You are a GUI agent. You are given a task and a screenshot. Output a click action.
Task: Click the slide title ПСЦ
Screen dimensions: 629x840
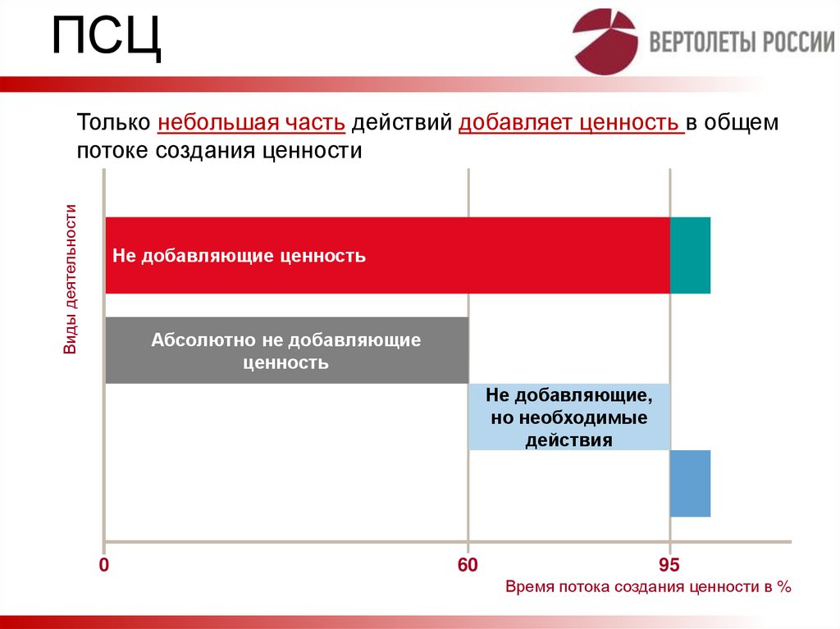(x=107, y=39)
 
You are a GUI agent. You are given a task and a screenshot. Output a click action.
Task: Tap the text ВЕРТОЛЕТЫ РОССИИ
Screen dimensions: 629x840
(x=742, y=43)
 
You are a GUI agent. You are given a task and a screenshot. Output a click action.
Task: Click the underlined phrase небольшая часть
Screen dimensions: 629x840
(x=251, y=123)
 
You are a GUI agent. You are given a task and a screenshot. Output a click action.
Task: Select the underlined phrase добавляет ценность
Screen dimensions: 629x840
(x=571, y=123)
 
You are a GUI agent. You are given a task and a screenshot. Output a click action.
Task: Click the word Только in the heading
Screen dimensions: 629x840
(x=113, y=123)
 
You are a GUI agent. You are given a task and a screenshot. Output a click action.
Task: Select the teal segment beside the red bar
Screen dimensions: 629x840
(x=690, y=256)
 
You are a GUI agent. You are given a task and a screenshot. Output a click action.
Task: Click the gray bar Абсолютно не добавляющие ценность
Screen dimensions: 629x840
(x=286, y=350)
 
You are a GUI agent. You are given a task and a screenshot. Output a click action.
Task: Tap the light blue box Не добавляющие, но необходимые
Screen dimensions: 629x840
(x=569, y=417)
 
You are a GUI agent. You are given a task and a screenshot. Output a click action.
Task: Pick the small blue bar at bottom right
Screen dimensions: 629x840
(x=690, y=484)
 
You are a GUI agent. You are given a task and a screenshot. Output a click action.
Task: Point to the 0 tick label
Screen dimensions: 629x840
(x=104, y=566)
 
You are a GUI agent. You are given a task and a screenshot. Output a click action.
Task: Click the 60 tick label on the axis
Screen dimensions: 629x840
(x=467, y=566)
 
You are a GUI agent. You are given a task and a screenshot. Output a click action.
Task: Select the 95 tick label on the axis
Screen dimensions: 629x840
(x=669, y=566)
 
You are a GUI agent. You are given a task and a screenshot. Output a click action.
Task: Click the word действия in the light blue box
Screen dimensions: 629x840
(x=569, y=440)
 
